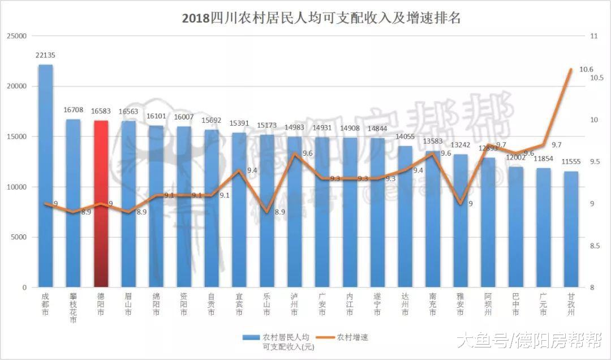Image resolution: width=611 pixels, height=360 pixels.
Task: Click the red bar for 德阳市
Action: [x=101, y=204]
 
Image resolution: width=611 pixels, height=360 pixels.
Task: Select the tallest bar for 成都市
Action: [x=45, y=175]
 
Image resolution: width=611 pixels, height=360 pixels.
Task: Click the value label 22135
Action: [x=45, y=55]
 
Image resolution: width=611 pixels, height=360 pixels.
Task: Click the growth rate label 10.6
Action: [x=578, y=70]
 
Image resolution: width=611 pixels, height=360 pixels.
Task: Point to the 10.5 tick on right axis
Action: [x=597, y=78]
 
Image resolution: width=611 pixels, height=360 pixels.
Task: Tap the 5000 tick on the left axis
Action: [x=18, y=237]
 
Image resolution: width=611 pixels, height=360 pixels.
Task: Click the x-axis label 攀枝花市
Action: [x=73, y=308]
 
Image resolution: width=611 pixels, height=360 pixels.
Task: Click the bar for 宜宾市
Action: [x=239, y=209]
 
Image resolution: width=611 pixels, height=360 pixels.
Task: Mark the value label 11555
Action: [x=571, y=162]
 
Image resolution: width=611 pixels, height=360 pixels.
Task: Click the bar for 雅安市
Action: [x=461, y=221]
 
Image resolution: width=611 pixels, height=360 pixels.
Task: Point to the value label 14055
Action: [x=405, y=136]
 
